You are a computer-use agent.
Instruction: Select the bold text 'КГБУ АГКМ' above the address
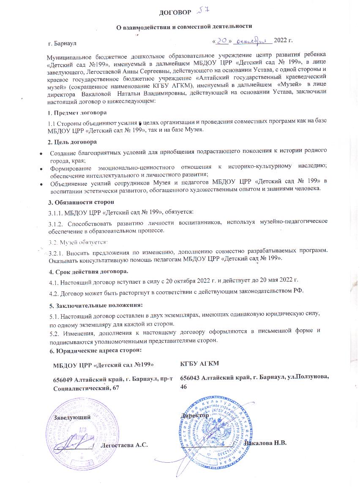tap(199, 364)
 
